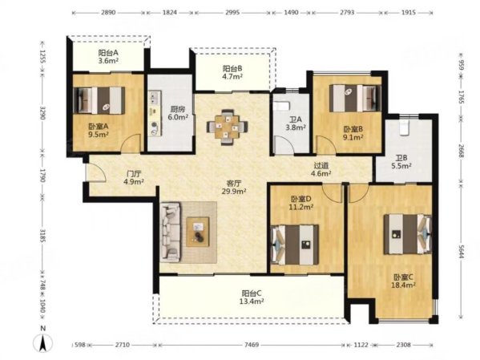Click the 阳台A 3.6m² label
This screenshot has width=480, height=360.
108,57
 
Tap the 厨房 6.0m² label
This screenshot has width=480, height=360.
178,113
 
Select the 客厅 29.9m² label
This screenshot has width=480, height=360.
234,187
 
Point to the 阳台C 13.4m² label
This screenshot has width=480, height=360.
252,297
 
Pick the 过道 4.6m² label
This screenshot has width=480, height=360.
321,169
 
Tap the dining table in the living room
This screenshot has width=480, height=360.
227,127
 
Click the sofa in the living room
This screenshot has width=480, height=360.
170,232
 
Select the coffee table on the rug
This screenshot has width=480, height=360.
198,232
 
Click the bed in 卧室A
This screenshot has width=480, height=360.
99,100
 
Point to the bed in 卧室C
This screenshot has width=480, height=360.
408,234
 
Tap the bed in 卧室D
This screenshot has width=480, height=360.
295,245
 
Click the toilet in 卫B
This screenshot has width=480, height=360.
405,127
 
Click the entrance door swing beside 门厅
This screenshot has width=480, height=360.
96,172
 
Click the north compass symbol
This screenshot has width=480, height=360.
43,342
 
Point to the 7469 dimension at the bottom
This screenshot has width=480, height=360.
252,345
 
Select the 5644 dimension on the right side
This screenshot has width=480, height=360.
462,250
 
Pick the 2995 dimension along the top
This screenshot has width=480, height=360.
232,13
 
